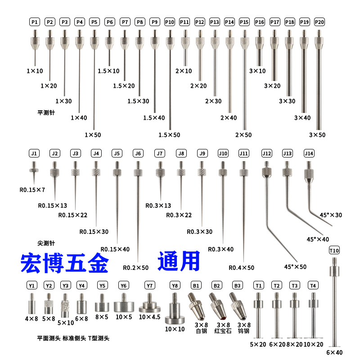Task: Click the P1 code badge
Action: pyautogui.click(x=35, y=22)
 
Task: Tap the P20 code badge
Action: pyautogui.click(x=319, y=22)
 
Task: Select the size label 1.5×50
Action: pyautogui.click(x=169, y=135)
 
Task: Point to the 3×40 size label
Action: pyautogui.click(x=302, y=118)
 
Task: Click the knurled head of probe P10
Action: pyautogui.click(x=170, y=41)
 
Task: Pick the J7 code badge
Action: pyautogui.click(x=160, y=153)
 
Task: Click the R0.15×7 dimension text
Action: pyautogui.click(x=32, y=190)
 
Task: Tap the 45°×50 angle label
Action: pyautogui.click(x=295, y=267)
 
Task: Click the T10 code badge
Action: pyautogui.click(x=334, y=250)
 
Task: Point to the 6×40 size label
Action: pyautogui.click(x=334, y=352)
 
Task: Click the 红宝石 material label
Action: pyautogui.click(x=223, y=331)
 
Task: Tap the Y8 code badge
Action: pyautogui.click(x=175, y=286)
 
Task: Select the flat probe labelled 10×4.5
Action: pyautogui.click(x=150, y=303)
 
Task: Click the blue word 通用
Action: pyautogui.click(x=179, y=261)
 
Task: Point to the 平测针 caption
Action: pyautogui.click(x=46, y=113)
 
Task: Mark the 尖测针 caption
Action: pyautogui.click(x=46, y=243)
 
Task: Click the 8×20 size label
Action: pyautogui.click(x=294, y=344)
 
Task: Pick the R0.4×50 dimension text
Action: pyautogui.click(x=241, y=268)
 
